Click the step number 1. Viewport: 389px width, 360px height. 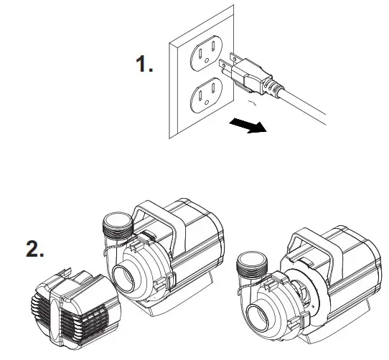(x=144, y=65)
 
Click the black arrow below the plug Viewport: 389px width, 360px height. (x=248, y=126)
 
